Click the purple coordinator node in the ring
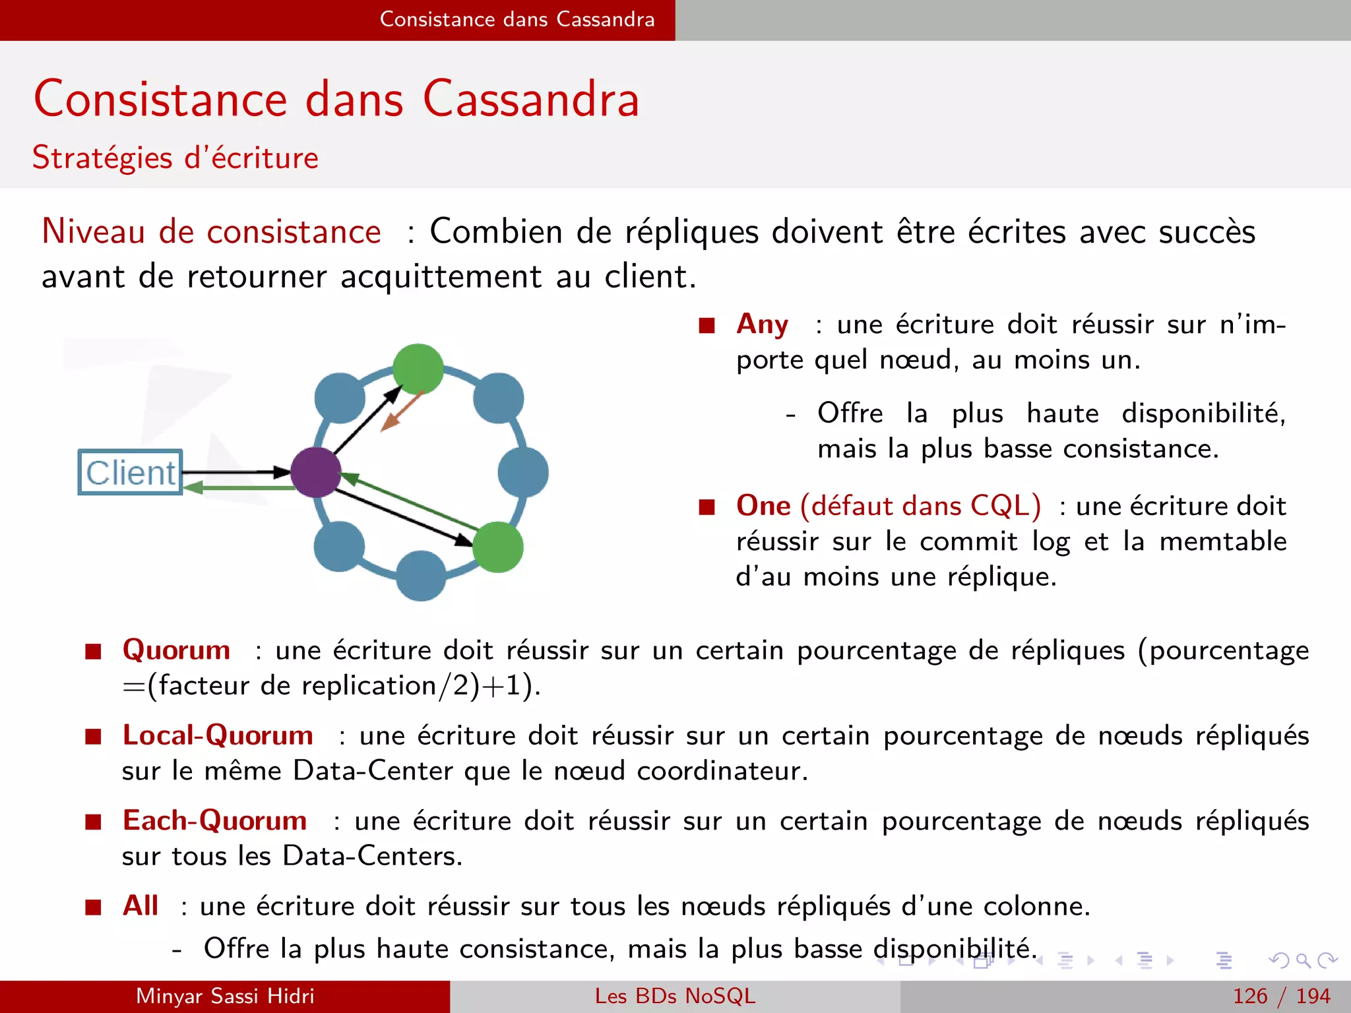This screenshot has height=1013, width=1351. click(316, 472)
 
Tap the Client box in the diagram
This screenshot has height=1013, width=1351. click(131, 472)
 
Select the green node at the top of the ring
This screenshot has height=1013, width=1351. click(418, 369)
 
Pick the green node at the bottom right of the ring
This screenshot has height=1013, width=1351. click(498, 547)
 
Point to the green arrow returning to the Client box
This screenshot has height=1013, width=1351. click(237, 488)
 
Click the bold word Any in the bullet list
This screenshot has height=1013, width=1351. click(762, 324)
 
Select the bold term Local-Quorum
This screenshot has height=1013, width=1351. click(218, 735)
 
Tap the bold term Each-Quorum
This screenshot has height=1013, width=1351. click(214, 820)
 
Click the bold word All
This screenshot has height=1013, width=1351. click(141, 906)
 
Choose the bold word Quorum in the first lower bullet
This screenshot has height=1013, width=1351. click(176, 650)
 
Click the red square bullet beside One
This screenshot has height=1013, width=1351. click(707, 506)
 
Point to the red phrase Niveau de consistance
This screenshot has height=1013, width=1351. click(211, 231)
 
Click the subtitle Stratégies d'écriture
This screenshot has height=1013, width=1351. click(175, 158)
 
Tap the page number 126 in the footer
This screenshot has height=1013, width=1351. click(1250, 996)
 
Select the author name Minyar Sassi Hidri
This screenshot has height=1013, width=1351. click(225, 996)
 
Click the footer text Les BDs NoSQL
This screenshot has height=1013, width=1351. click(675, 996)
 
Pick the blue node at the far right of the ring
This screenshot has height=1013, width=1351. click(523, 472)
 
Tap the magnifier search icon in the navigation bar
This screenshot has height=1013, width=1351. click(1303, 960)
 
